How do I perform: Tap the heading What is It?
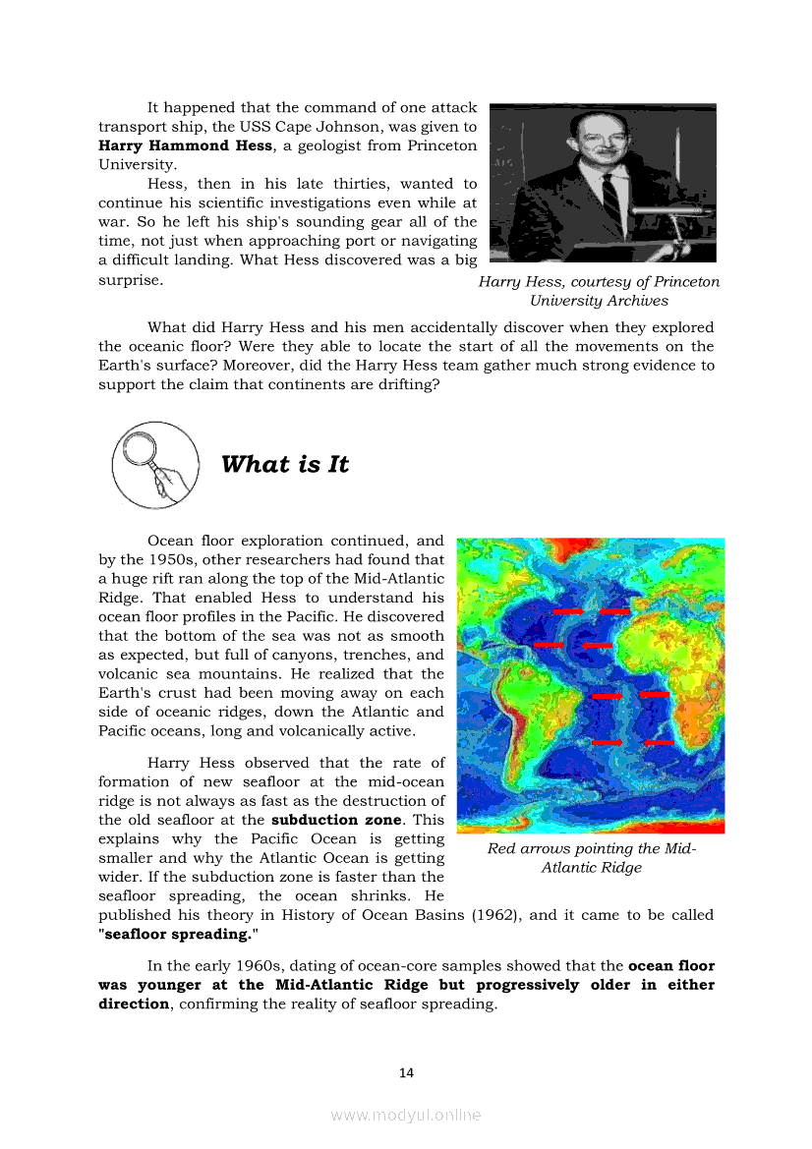click(x=285, y=464)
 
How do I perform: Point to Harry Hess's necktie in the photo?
click(x=610, y=201)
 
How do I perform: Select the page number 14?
click(x=406, y=1072)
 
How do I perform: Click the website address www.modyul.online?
click(x=406, y=1115)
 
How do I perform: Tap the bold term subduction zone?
click(x=336, y=820)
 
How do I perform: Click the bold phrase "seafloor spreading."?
click(x=174, y=934)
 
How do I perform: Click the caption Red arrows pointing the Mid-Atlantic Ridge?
click(x=591, y=858)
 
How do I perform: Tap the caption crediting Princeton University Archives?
click(x=599, y=291)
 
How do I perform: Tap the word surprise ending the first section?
click(x=129, y=280)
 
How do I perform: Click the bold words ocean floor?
click(x=671, y=966)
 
